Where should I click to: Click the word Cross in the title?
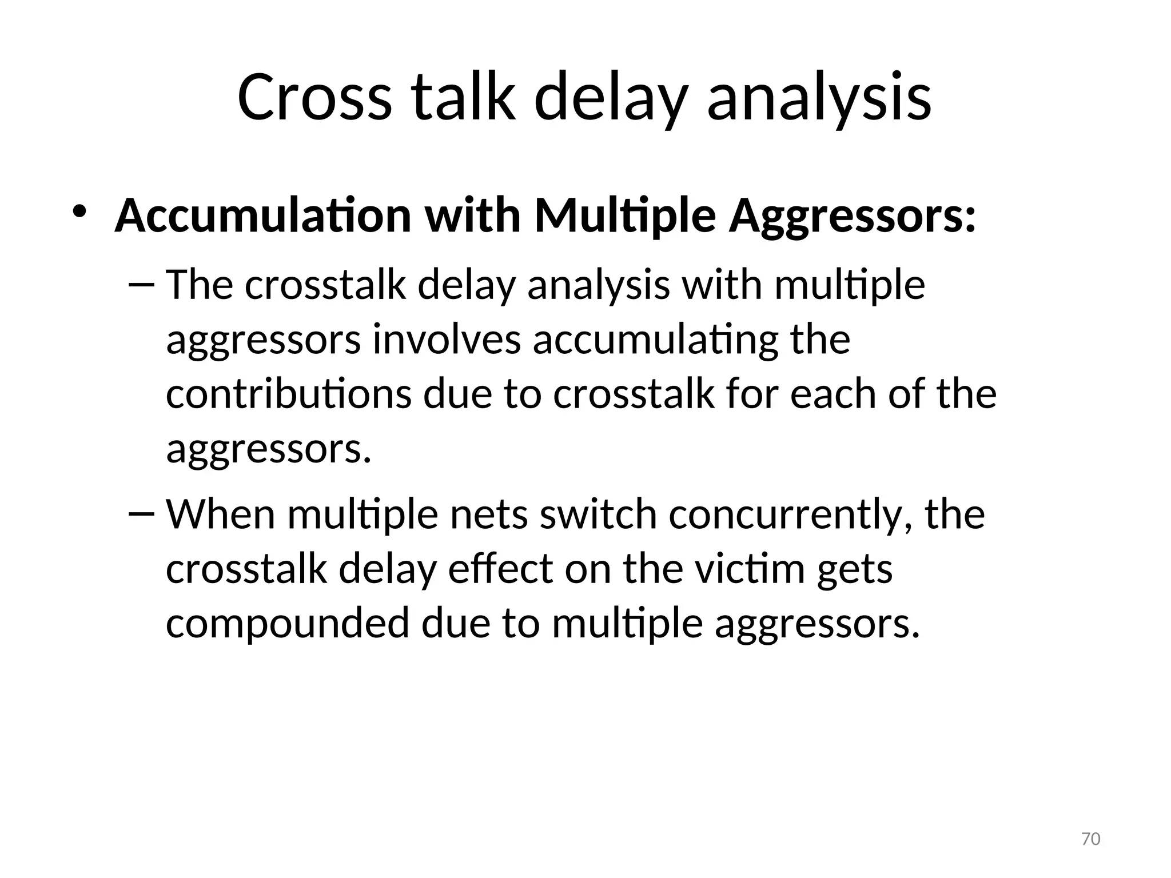point(314,97)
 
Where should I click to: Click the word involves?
point(447,339)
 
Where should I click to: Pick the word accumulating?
point(656,340)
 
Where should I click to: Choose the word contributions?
point(288,394)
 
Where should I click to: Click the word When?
point(221,513)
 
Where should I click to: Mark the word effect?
point(500,568)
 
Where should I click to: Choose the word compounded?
point(287,623)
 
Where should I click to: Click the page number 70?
point(1091,839)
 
